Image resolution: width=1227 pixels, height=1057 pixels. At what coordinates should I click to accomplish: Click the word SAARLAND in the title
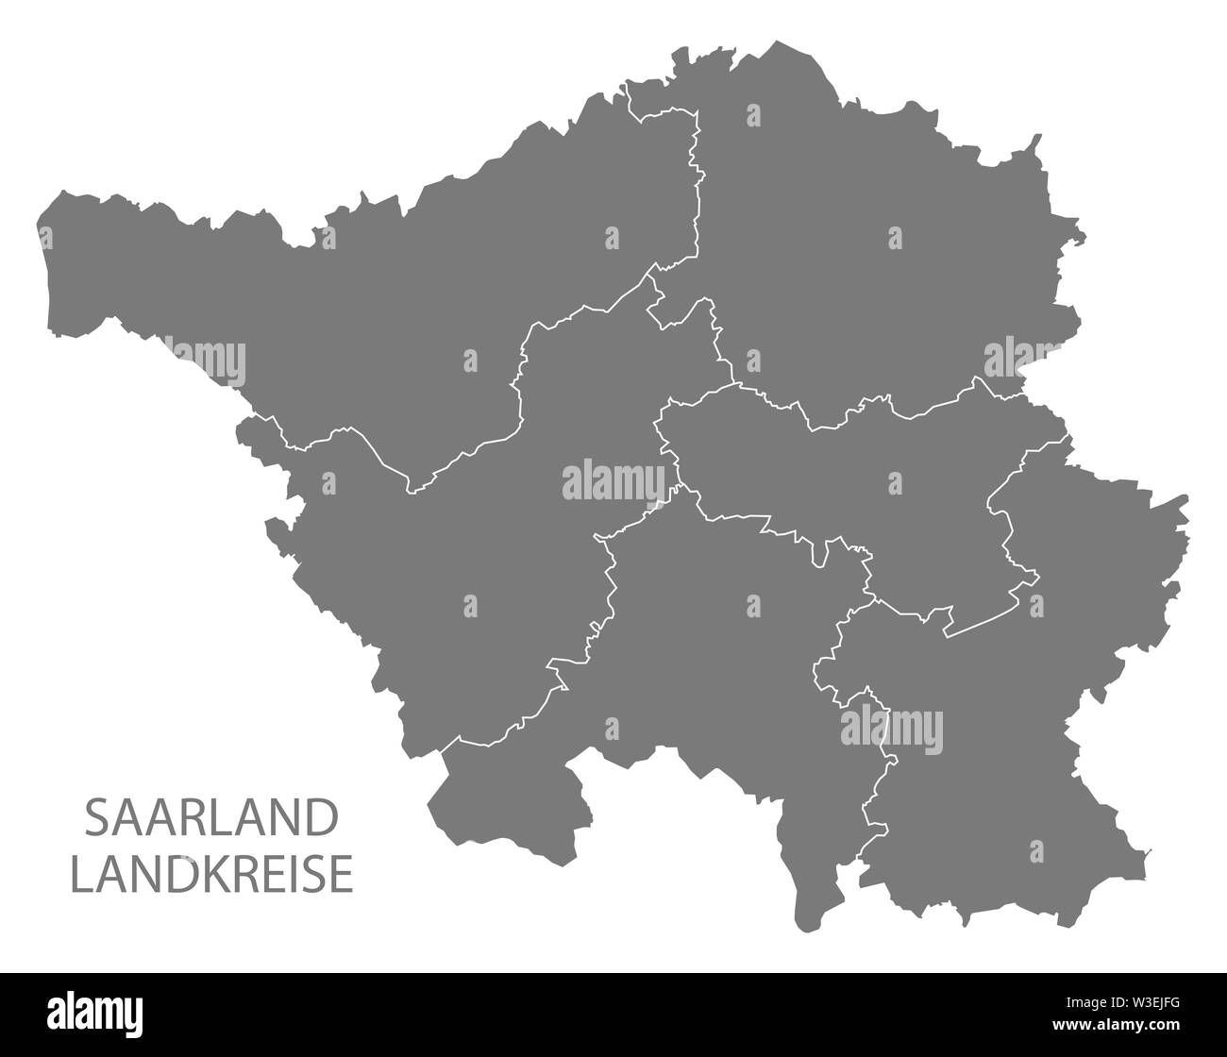[210, 818]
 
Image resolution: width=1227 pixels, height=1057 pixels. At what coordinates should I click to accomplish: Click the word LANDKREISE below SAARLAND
[212, 874]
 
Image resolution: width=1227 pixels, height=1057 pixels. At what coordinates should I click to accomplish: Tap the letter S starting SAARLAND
[96, 818]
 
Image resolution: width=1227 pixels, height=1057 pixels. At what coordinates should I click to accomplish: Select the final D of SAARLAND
[321, 818]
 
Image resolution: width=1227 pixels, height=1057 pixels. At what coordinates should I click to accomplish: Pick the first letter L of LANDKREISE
[81, 874]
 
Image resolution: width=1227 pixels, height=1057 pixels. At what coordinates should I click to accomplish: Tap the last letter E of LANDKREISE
[343, 874]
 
